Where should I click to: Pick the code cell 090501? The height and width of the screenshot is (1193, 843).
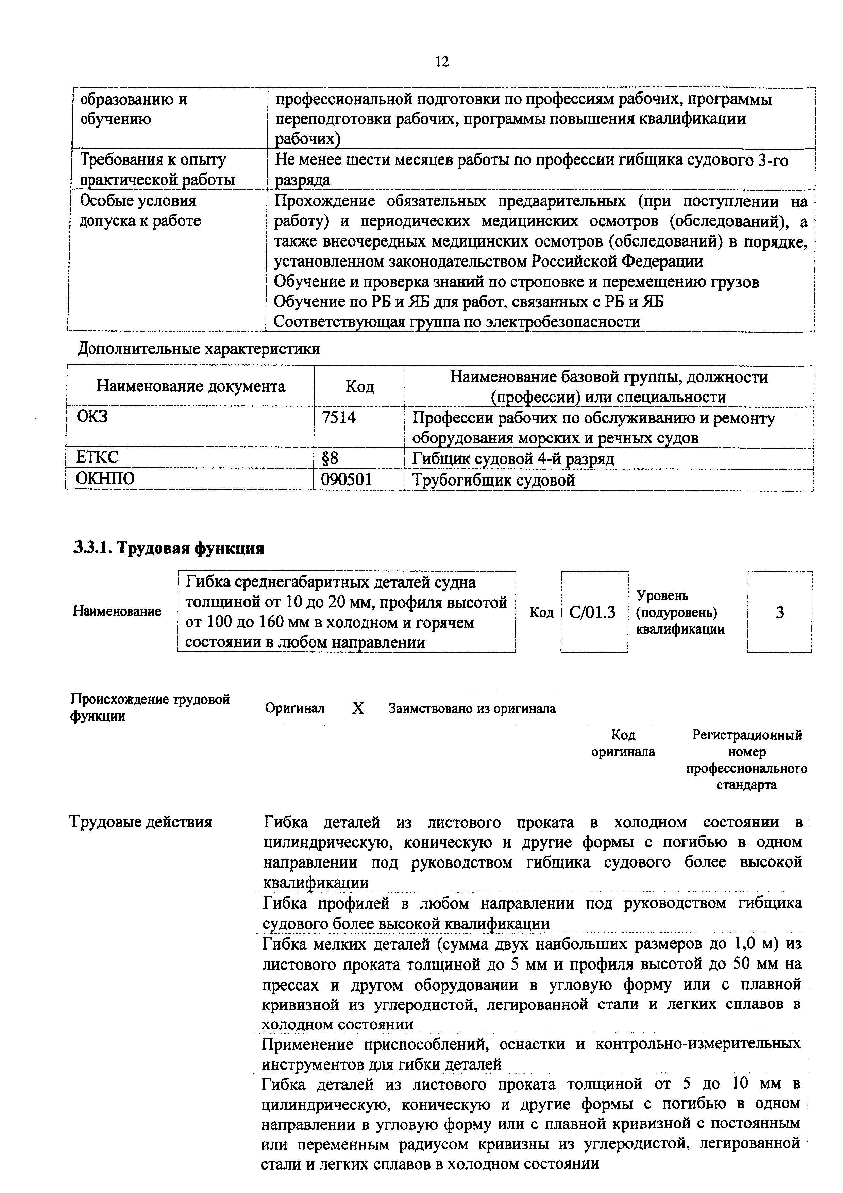[x=347, y=480]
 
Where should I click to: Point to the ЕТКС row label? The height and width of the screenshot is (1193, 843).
[x=97, y=457]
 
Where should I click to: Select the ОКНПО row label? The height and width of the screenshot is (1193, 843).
[x=105, y=478]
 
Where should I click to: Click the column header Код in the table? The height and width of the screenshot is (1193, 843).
[x=359, y=387]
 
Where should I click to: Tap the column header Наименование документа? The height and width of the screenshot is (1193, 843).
[x=191, y=387]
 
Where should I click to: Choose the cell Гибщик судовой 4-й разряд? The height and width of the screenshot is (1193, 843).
[x=513, y=459]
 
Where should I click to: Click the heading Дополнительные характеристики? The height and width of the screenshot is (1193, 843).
[x=199, y=349]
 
